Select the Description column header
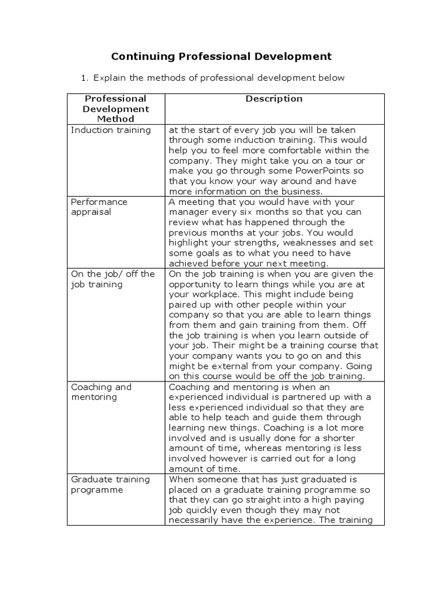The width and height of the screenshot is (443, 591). [274, 99]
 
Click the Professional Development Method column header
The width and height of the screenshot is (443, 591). [115, 109]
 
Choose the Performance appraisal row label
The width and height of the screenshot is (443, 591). [99, 207]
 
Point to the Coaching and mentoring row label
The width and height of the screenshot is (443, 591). [101, 392]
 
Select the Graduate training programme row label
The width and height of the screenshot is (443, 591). [110, 484]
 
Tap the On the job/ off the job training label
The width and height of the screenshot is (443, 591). [112, 279]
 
